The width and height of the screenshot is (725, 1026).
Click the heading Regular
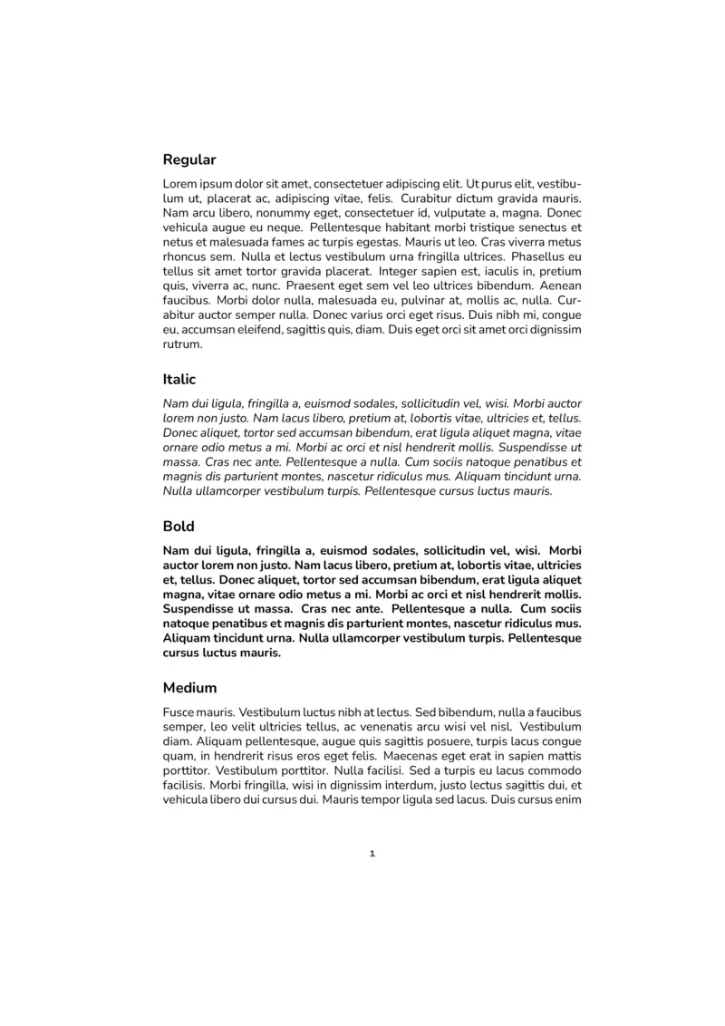tap(189, 160)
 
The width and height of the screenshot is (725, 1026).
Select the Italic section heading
tap(179, 380)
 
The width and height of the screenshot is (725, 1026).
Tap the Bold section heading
tap(179, 527)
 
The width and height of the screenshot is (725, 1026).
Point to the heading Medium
tap(190, 688)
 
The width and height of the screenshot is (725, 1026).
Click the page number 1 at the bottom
tap(372, 854)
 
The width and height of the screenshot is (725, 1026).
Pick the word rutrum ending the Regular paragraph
tap(182, 344)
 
